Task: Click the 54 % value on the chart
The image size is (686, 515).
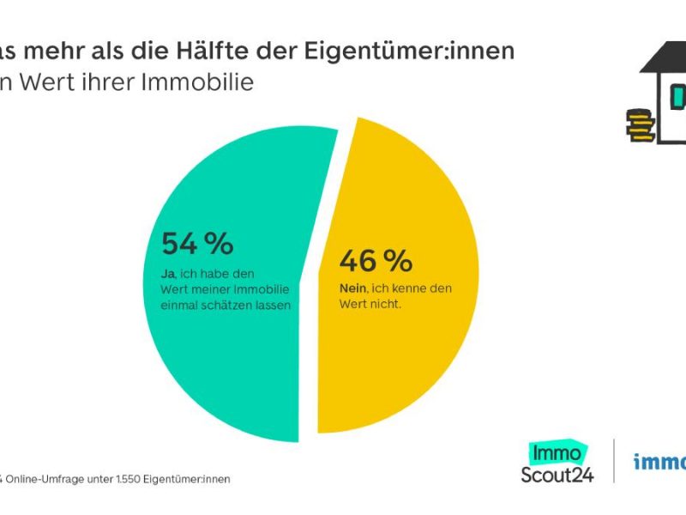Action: (x=196, y=244)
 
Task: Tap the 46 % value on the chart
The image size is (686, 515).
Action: (x=376, y=260)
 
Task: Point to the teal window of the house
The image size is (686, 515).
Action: (x=679, y=97)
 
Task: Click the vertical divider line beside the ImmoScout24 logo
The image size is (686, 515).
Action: (x=614, y=461)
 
